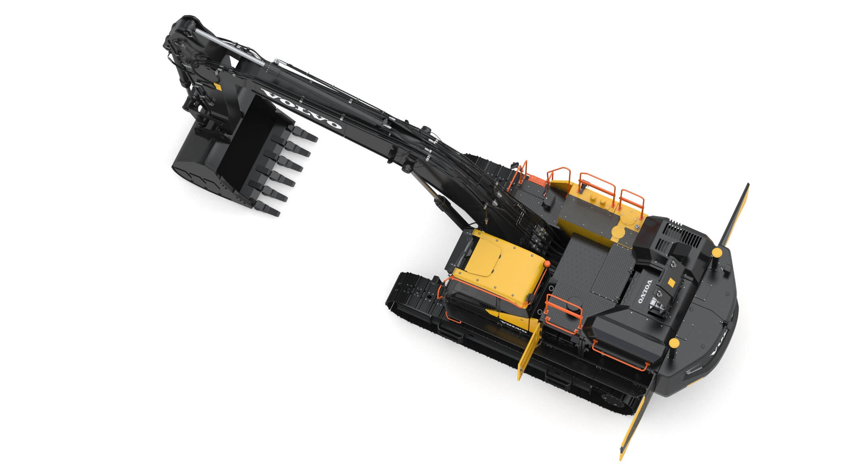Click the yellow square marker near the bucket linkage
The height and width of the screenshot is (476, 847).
(x=217, y=86)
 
